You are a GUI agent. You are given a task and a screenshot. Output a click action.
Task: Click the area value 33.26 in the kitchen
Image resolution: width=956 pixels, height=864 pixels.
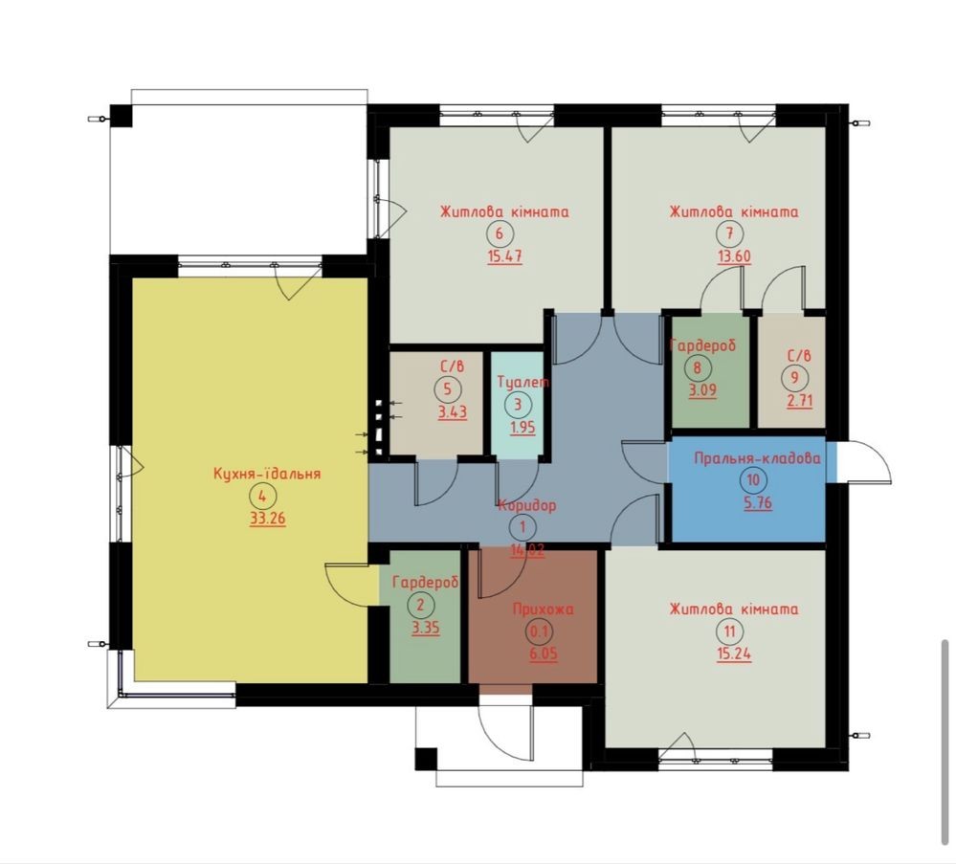click(x=268, y=519)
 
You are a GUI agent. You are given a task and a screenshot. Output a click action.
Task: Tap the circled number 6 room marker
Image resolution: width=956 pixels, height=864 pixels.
click(x=500, y=233)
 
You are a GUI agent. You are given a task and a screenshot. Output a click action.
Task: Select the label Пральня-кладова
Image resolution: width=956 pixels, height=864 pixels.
click(x=757, y=458)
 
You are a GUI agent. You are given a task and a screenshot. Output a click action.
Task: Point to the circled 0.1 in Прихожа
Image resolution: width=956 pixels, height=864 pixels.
click(x=539, y=631)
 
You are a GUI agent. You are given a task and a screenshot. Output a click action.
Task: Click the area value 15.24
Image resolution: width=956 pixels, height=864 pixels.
click(x=734, y=654)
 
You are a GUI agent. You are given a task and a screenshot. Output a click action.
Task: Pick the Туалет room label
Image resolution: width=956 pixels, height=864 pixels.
click(x=523, y=383)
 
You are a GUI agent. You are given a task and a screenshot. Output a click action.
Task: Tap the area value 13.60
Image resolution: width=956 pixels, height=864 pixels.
click(x=734, y=256)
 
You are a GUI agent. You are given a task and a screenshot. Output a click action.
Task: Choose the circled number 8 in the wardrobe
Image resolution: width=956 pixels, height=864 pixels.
click(x=698, y=367)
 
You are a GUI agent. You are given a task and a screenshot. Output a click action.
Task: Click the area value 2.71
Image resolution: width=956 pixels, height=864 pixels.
click(x=799, y=401)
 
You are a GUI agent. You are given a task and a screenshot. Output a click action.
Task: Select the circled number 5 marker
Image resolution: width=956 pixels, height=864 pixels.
click(x=448, y=389)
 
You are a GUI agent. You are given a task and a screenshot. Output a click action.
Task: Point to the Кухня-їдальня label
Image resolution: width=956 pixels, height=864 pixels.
click(x=267, y=474)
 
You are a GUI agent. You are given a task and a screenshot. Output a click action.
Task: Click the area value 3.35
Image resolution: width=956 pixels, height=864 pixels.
click(x=426, y=628)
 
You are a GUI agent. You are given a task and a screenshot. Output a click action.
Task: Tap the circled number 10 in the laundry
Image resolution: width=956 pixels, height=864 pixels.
click(x=753, y=480)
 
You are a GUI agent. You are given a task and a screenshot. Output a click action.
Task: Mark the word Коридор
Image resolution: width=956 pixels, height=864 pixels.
click(x=527, y=505)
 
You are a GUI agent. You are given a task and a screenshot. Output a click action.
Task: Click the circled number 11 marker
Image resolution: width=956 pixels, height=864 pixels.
click(x=730, y=631)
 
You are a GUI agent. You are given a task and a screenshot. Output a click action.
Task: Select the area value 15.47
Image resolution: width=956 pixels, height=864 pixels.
click(x=505, y=256)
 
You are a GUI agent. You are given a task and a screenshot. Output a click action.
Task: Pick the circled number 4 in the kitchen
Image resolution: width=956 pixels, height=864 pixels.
click(x=263, y=496)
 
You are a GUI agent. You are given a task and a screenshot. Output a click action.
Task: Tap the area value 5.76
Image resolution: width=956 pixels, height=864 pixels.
click(x=758, y=503)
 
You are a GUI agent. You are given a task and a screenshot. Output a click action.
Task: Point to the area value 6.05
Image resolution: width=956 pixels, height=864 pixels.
click(x=544, y=654)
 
